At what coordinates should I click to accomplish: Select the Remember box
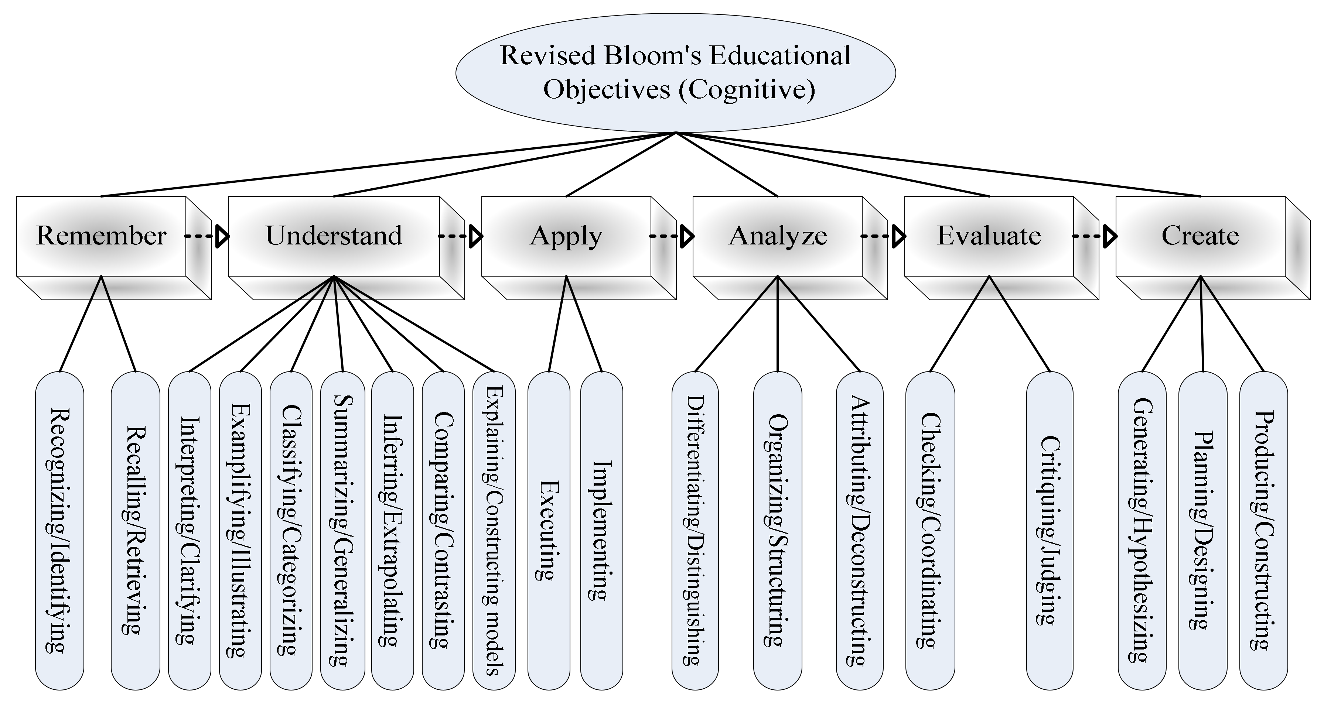tap(101, 236)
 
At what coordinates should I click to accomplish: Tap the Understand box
tap(334, 236)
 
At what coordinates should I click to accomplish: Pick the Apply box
tap(566, 236)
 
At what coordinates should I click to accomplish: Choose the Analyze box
tap(778, 236)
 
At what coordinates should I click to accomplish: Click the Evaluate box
tap(989, 236)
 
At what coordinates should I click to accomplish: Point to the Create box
tap(1200, 236)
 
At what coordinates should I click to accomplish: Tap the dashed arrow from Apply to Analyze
tap(671, 236)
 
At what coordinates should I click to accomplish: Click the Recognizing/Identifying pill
tap(59, 530)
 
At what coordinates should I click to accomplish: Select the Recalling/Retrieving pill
tap(135, 530)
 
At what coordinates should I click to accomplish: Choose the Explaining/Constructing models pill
tap(494, 530)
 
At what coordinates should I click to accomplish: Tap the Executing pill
tap(549, 530)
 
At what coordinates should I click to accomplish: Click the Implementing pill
tap(602, 530)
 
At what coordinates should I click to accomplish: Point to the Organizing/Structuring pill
tap(777, 530)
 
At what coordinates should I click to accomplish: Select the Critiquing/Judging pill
tap(1050, 530)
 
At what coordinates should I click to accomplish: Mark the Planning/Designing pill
tap(1203, 530)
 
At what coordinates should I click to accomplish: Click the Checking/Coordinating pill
tap(930, 530)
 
